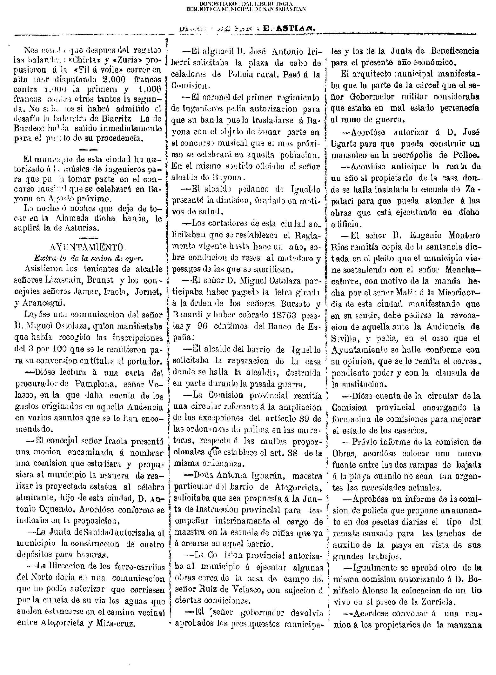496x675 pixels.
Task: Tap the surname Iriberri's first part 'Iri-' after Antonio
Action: [x=314, y=51]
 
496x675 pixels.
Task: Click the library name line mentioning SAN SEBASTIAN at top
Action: [x=246, y=9]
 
